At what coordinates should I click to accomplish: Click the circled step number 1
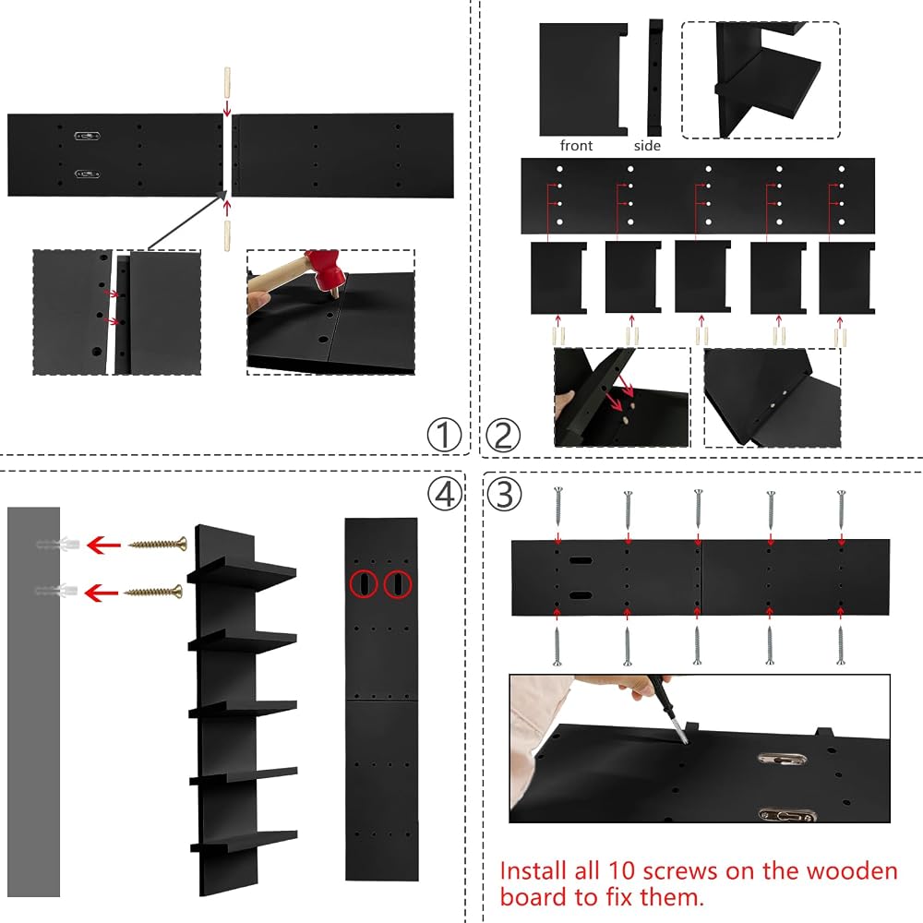click(445, 435)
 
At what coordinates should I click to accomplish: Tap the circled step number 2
click(503, 436)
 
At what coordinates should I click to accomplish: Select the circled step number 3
click(505, 494)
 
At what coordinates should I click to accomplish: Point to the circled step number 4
click(445, 493)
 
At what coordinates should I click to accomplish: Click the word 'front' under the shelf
click(576, 146)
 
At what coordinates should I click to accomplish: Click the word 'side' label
click(648, 146)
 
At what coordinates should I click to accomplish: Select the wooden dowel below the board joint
click(227, 235)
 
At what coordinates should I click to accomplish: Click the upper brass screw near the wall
click(158, 544)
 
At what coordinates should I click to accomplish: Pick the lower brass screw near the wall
click(153, 591)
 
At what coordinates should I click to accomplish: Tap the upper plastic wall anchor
click(57, 544)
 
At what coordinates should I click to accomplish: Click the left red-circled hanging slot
click(364, 584)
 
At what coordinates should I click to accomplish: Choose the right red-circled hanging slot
click(398, 584)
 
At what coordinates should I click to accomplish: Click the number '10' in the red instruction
click(621, 870)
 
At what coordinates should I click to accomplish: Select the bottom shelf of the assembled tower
click(244, 842)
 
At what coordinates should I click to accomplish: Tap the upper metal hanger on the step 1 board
click(87, 136)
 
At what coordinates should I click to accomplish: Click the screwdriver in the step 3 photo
click(668, 710)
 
